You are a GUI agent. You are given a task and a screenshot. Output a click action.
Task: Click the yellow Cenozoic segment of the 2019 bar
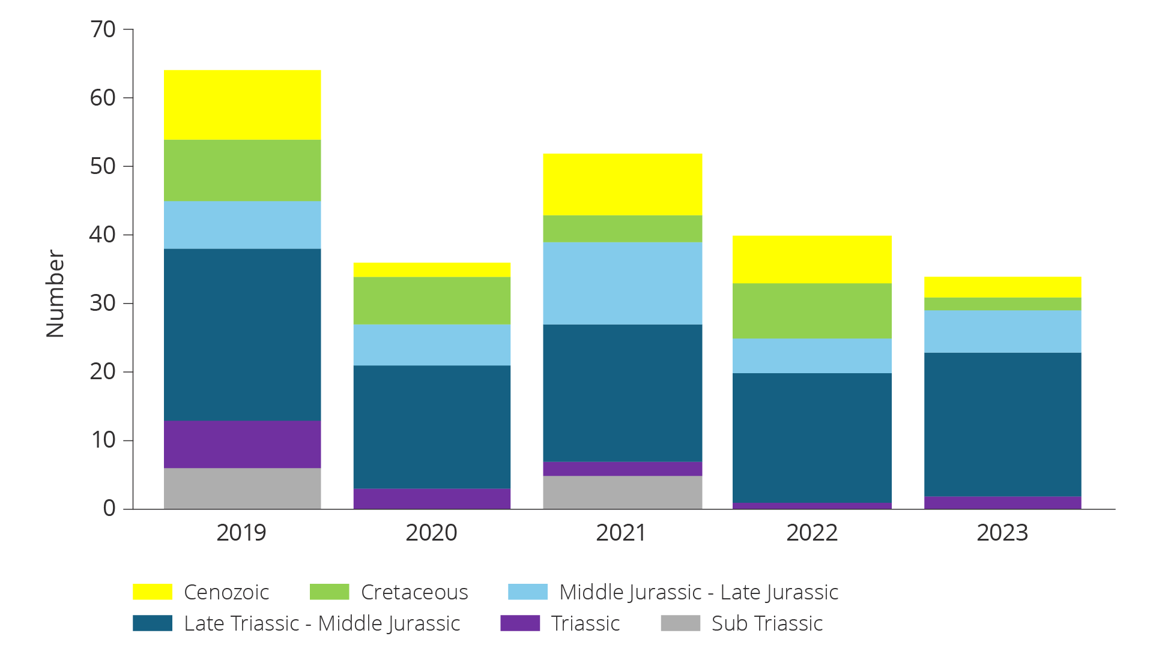(242, 105)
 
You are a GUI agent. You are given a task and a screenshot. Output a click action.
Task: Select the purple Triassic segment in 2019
(242, 444)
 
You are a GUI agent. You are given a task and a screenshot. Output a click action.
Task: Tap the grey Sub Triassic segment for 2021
(622, 492)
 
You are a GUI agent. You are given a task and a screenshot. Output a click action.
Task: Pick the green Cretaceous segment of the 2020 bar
(432, 301)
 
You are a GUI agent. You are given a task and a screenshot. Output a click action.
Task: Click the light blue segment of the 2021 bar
(622, 283)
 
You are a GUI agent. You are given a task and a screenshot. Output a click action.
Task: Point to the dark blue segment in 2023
(1002, 424)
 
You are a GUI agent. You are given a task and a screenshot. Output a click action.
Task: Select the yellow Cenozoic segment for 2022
(812, 259)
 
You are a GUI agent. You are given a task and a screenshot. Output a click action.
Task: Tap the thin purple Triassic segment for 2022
(812, 506)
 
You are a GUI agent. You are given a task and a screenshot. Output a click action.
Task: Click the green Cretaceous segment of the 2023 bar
(1002, 304)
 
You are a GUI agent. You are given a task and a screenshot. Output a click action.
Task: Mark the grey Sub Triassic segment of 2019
(242, 488)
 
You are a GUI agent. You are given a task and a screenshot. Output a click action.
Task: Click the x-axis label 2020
(431, 533)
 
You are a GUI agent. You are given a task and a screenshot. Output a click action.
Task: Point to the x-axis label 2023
(1002, 533)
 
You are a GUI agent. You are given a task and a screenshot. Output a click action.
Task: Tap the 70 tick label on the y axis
(103, 29)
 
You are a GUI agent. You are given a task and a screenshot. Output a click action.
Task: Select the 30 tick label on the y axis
(103, 303)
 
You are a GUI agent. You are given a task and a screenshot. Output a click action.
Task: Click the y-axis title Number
(55, 294)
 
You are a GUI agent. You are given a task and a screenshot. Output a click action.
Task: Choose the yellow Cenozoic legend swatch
(153, 592)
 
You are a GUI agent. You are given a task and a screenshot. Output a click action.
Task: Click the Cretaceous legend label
(414, 592)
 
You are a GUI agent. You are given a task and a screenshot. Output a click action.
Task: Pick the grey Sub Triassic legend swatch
(680, 623)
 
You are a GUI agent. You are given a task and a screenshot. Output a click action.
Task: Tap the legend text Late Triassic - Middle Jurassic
(322, 623)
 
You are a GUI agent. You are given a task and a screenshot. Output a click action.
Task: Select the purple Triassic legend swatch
(520, 623)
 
